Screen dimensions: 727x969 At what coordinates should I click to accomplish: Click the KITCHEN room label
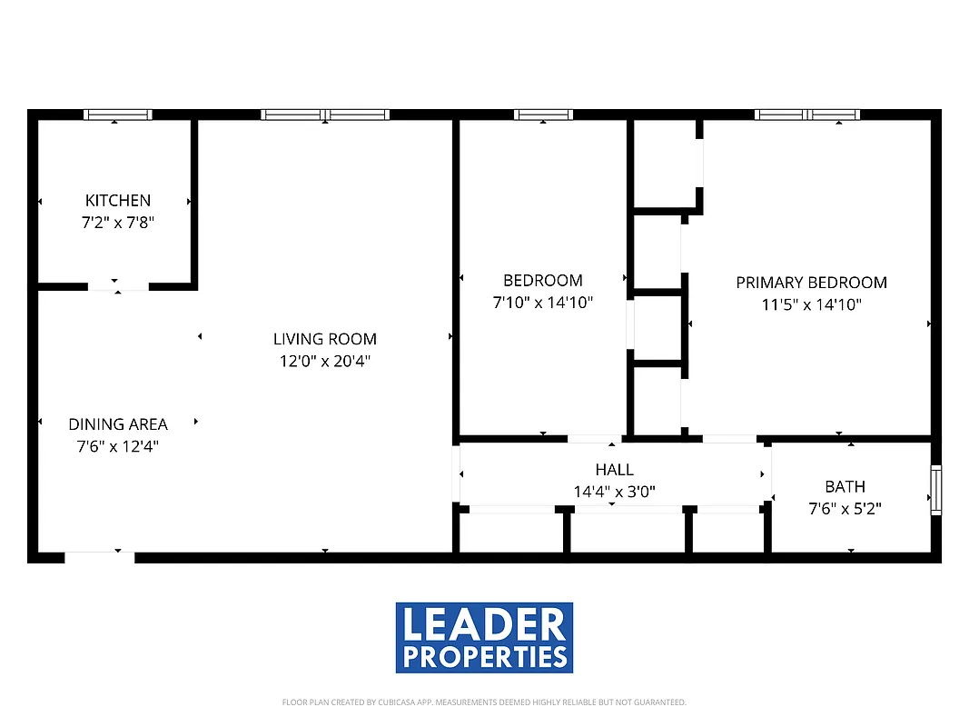pyautogui.click(x=118, y=200)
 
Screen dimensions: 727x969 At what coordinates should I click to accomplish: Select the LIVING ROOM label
pyautogui.click(x=325, y=339)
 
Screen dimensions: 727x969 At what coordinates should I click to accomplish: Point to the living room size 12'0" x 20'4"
pyautogui.click(x=325, y=361)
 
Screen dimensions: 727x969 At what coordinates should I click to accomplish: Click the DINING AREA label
pyautogui.click(x=118, y=423)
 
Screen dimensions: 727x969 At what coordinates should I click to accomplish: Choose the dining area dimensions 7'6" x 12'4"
pyautogui.click(x=118, y=445)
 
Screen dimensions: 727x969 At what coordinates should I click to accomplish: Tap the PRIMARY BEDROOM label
pyautogui.click(x=811, y=283)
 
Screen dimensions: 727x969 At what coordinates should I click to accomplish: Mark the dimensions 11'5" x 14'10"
pyautogui.click(x=811, y=304)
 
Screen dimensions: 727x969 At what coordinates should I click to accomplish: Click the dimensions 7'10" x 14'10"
pyautogui.click(x=543, y=303)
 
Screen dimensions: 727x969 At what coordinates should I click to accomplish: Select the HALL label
pyautogui.click(x=615, y=470)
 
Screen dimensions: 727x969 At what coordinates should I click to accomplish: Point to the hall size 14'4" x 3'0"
pyautogui.click(x=615, y=492)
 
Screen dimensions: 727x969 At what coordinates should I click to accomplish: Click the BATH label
pyautogui.click(x=845, y=486)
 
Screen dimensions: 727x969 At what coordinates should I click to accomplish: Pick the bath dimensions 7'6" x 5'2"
pyautogui.click(x=845, y=508)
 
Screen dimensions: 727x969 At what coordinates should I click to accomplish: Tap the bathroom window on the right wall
pyautogui.click(x=935, y=491)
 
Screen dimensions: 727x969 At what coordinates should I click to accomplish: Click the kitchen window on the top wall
pyautogui.click(x=117, y=115)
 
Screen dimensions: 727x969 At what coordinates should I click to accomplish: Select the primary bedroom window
pyautogui.click(x=806, y=115)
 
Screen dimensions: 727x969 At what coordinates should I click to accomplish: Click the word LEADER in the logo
pyautogui.click(x=484, y=625)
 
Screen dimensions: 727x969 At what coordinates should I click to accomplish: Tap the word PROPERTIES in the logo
pyautogui.click(x=484, y=656)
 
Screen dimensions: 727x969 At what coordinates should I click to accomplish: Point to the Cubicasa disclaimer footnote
pyautogui.click(x=484, y=702)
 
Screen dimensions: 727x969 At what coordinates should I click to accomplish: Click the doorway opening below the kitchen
pyautogui.click(x=118, y=286)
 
